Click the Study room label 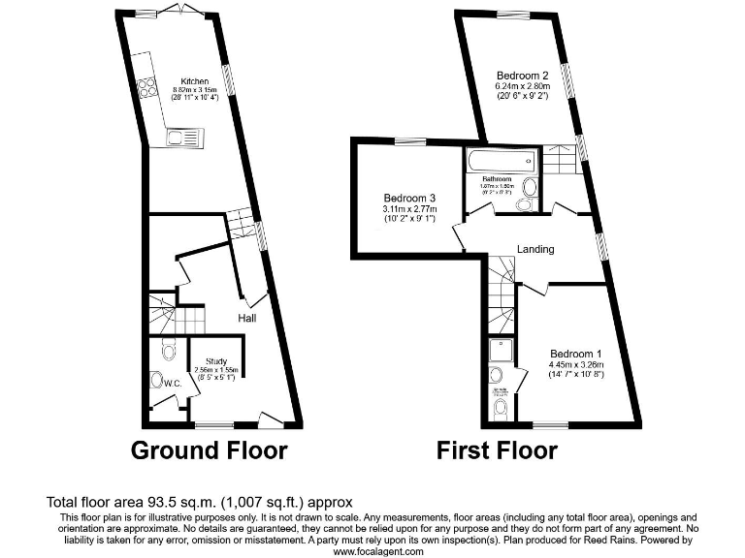(215, 361)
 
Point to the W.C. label (173, 384)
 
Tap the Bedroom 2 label (523, 76)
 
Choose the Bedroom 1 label (576, 354)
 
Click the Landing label (535, 249)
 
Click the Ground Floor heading (210, 450)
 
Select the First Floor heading (497, 450)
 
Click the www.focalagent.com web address (378, 551)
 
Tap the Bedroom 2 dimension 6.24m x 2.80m (523, 85)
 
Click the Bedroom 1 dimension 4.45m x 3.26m (576, 364)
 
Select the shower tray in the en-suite (501, 350)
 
